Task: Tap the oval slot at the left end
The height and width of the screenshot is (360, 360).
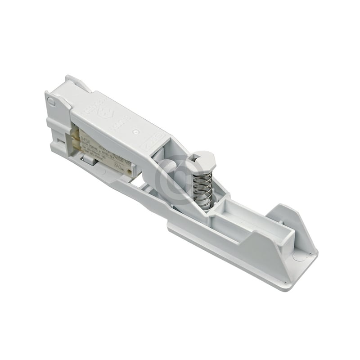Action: point(52,102)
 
